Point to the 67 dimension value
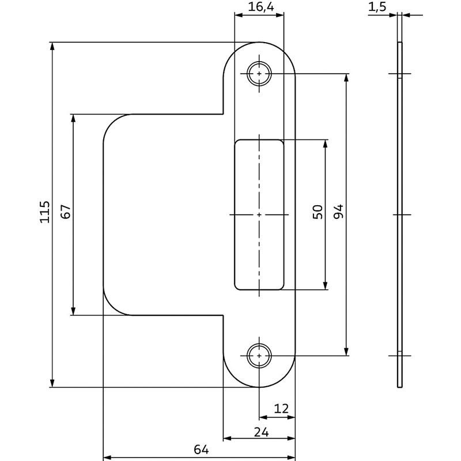click(66, 212)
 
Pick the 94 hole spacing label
click(338, 212)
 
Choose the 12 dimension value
click(281, 409)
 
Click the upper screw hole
click(259, 74)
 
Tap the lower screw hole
click(259, 356)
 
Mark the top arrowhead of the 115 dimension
click(52, 46)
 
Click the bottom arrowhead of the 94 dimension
click(346, 352)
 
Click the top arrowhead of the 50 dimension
click(326, 143)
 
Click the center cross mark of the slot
click(259, 214)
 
